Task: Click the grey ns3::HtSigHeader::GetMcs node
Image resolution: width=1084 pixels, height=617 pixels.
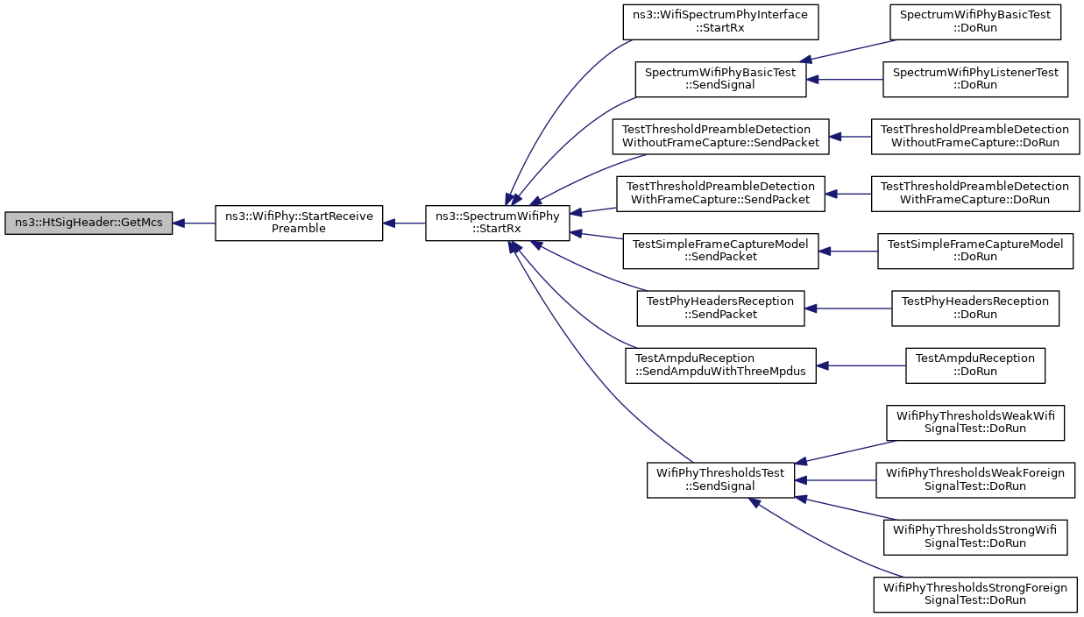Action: click(x=89, y=223)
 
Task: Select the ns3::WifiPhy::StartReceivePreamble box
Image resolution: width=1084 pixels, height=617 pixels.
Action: click(x=299, y=223)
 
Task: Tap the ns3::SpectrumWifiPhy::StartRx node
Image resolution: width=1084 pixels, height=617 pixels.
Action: click(x=498, y=223)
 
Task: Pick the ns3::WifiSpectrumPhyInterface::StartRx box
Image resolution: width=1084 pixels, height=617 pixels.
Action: click(x=720, y=22)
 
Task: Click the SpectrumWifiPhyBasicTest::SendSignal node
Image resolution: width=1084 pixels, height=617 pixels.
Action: click(x=720, y=80)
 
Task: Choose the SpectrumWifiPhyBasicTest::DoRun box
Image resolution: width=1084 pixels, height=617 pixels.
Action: click(x=975, y=22)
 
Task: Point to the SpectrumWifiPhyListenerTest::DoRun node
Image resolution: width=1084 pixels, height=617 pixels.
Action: click(x=975, y=80)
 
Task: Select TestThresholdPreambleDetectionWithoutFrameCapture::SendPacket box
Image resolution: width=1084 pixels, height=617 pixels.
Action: click(x=720, y=137)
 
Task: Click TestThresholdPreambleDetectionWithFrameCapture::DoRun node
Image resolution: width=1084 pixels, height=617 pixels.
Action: click(x=975, y=194)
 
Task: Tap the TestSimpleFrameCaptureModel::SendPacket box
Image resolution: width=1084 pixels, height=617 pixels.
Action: click(x=720, y=252)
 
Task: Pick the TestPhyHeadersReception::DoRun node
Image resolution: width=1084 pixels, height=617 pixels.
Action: click(x=975, y=308)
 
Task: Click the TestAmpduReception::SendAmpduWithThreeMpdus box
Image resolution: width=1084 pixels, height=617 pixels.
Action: click(x=720, y=365)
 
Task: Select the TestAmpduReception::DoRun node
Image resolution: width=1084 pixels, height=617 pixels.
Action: click(x=975, y=365)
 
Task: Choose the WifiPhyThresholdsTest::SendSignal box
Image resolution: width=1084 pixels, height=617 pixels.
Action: click(x=720, y=480)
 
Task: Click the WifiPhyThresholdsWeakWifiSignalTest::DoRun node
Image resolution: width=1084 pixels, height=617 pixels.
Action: click(x=975, y=423)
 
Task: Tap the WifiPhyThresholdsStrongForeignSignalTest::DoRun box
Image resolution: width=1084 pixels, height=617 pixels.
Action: click(x=975, y=595)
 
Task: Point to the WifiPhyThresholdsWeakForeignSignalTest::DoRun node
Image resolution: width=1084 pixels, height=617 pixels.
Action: click(x=975, y=480)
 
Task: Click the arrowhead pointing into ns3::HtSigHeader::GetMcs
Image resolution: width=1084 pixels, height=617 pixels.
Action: click(x=179, y=223)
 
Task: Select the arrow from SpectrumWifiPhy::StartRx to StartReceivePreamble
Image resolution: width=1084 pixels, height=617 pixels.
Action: click(x=404, y=223)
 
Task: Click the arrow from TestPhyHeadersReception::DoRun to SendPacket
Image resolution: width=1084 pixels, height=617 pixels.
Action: click(x=848, y=308)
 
